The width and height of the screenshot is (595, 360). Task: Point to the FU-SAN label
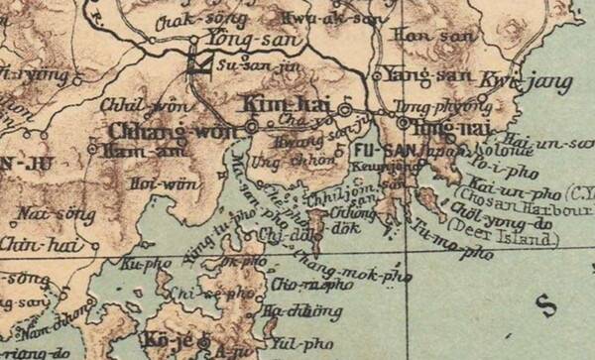(373, 150)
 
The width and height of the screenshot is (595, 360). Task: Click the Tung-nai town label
(439, 128)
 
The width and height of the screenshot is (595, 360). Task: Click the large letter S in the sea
(542, 302)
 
